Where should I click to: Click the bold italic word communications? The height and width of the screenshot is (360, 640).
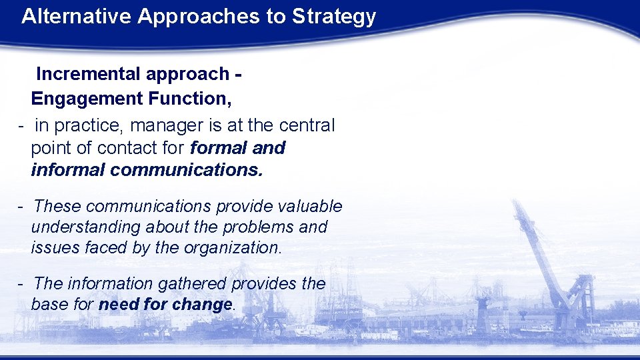point(187,170)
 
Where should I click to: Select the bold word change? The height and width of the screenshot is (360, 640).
point(201,305)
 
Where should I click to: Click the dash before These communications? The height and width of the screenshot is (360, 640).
point(21,207)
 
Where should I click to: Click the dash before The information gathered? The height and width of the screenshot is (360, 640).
point(21,284)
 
